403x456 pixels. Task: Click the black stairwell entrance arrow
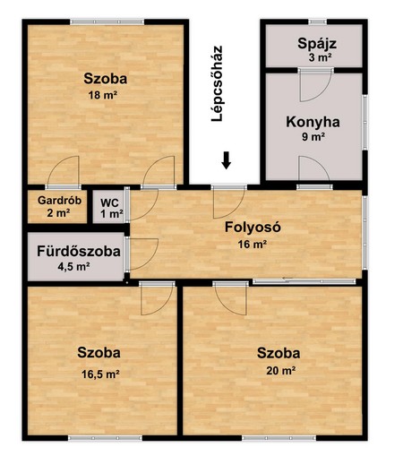point(227,160)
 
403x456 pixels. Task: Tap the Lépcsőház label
point(217,83)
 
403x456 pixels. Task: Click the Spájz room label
point(317,44)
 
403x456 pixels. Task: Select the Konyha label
point(313,122)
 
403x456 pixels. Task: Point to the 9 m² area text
point(313,137)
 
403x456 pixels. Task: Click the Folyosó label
point(253,227)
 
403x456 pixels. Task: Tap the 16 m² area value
point(253,245)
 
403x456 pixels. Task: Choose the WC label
point(109,203)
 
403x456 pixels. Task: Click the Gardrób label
point(59,200)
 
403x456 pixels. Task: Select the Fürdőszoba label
point(79,251)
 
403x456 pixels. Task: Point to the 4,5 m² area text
point(73,266)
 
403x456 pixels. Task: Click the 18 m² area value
point(102,95)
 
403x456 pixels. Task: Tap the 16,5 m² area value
point(100,374)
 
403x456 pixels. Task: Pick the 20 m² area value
point(281,371)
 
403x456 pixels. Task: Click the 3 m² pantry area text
point(321,57)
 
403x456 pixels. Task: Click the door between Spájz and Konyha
point(315,84)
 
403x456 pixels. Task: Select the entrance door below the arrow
point(229,202)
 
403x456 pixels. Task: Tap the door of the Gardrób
point(63,173)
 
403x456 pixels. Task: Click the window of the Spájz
point(317,22)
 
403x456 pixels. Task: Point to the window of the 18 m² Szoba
point(107,22)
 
